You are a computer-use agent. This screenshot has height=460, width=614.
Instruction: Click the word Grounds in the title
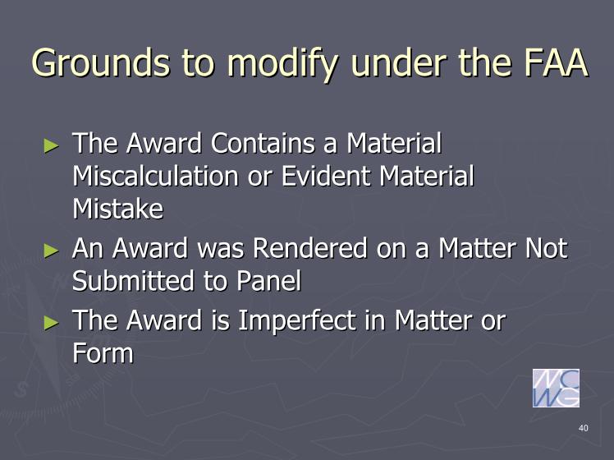(101, 62)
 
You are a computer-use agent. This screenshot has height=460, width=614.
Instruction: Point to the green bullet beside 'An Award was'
(51, 251)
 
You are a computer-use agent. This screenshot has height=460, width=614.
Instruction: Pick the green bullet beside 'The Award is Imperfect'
(51, 323)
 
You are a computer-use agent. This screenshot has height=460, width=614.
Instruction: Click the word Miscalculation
(155, 176)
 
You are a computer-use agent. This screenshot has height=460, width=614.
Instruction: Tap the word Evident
(326, 176)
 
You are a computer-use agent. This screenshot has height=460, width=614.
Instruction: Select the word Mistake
(118, 209)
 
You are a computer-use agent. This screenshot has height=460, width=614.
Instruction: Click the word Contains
(263, 143)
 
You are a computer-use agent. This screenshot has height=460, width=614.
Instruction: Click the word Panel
(269, 281)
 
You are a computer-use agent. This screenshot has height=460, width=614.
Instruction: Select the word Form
(103, 353)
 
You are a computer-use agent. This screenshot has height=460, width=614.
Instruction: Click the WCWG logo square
(556, 388)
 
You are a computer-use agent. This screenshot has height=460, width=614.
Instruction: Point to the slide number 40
(584, 428)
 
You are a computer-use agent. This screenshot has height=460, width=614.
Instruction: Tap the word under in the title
(399, 62)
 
